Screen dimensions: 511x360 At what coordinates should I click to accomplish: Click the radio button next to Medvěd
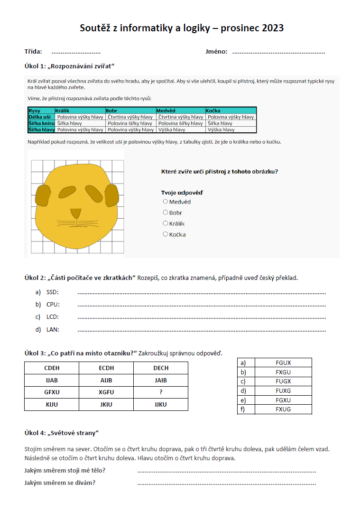165,202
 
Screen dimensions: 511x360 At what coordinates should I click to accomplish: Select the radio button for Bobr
165,213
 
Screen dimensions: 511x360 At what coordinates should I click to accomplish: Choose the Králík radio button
165,223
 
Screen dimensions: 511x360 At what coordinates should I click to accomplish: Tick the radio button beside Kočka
165,234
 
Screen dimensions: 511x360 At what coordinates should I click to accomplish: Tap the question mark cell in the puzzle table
161,392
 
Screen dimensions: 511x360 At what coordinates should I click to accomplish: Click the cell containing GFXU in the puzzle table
52,392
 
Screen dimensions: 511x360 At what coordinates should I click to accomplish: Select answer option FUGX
283,381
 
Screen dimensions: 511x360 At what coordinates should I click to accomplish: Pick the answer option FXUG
283,409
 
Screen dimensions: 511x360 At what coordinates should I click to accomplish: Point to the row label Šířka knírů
41,123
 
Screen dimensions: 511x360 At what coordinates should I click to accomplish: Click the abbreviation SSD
52,292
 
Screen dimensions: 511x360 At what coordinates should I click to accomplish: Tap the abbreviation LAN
53,329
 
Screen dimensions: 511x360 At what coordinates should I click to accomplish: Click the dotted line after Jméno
278,52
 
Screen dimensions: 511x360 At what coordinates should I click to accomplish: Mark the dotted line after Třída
76,52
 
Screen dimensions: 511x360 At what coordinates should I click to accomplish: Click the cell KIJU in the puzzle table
52,405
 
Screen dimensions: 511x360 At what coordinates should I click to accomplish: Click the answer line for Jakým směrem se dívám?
226,483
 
